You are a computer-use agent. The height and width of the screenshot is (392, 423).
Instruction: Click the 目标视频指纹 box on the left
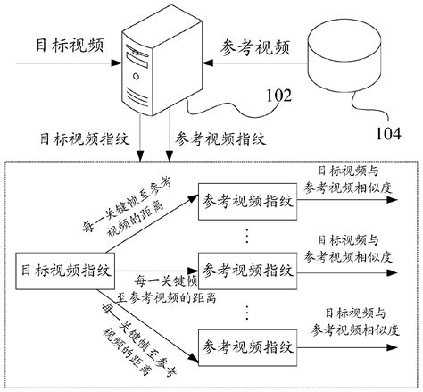(x=61, y=268)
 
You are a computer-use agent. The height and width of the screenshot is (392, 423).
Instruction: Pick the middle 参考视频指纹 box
(x=246, y=268)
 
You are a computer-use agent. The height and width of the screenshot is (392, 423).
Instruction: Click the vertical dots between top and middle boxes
(x=246, y=234)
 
